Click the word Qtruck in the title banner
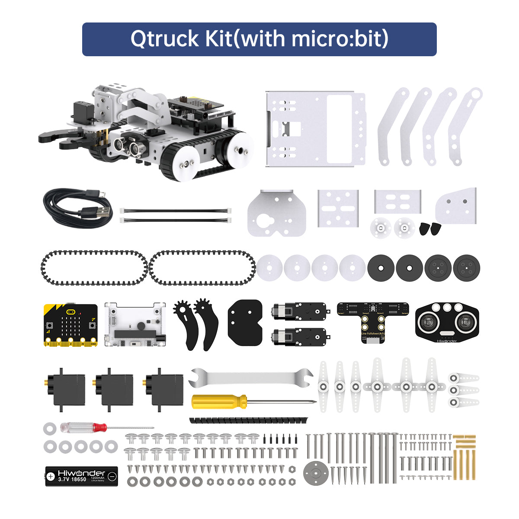coord(164,39)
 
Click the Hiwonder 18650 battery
coord(82,476)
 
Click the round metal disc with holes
coord(315,473)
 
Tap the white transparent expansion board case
coord(135,324)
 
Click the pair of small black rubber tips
coord(430,228)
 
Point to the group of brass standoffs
coord(464,456)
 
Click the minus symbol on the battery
coord(112,476)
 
